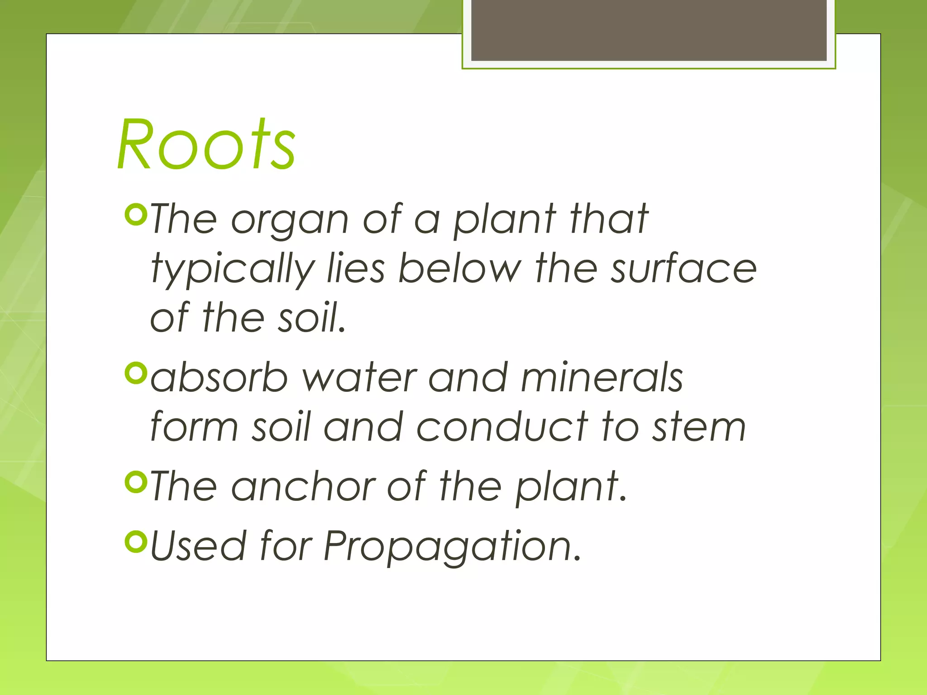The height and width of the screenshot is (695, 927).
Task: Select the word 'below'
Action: (459, 269)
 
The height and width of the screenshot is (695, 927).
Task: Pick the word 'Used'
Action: (198, 546)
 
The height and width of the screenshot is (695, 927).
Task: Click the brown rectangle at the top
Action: (649, 30)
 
